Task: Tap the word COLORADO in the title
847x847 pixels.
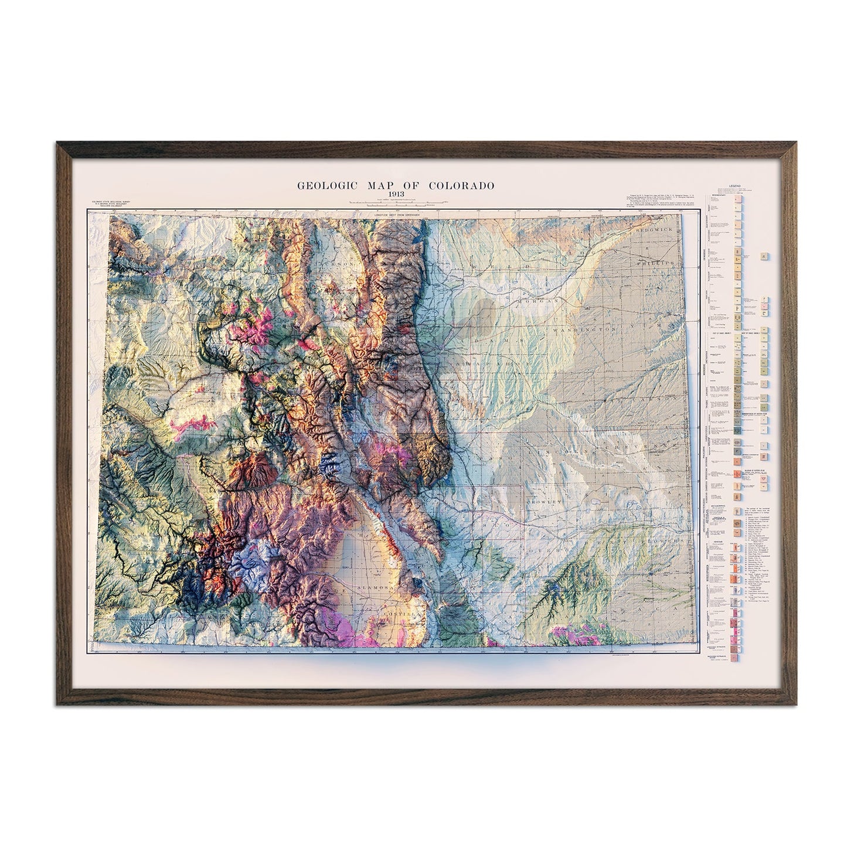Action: point(462,186)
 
